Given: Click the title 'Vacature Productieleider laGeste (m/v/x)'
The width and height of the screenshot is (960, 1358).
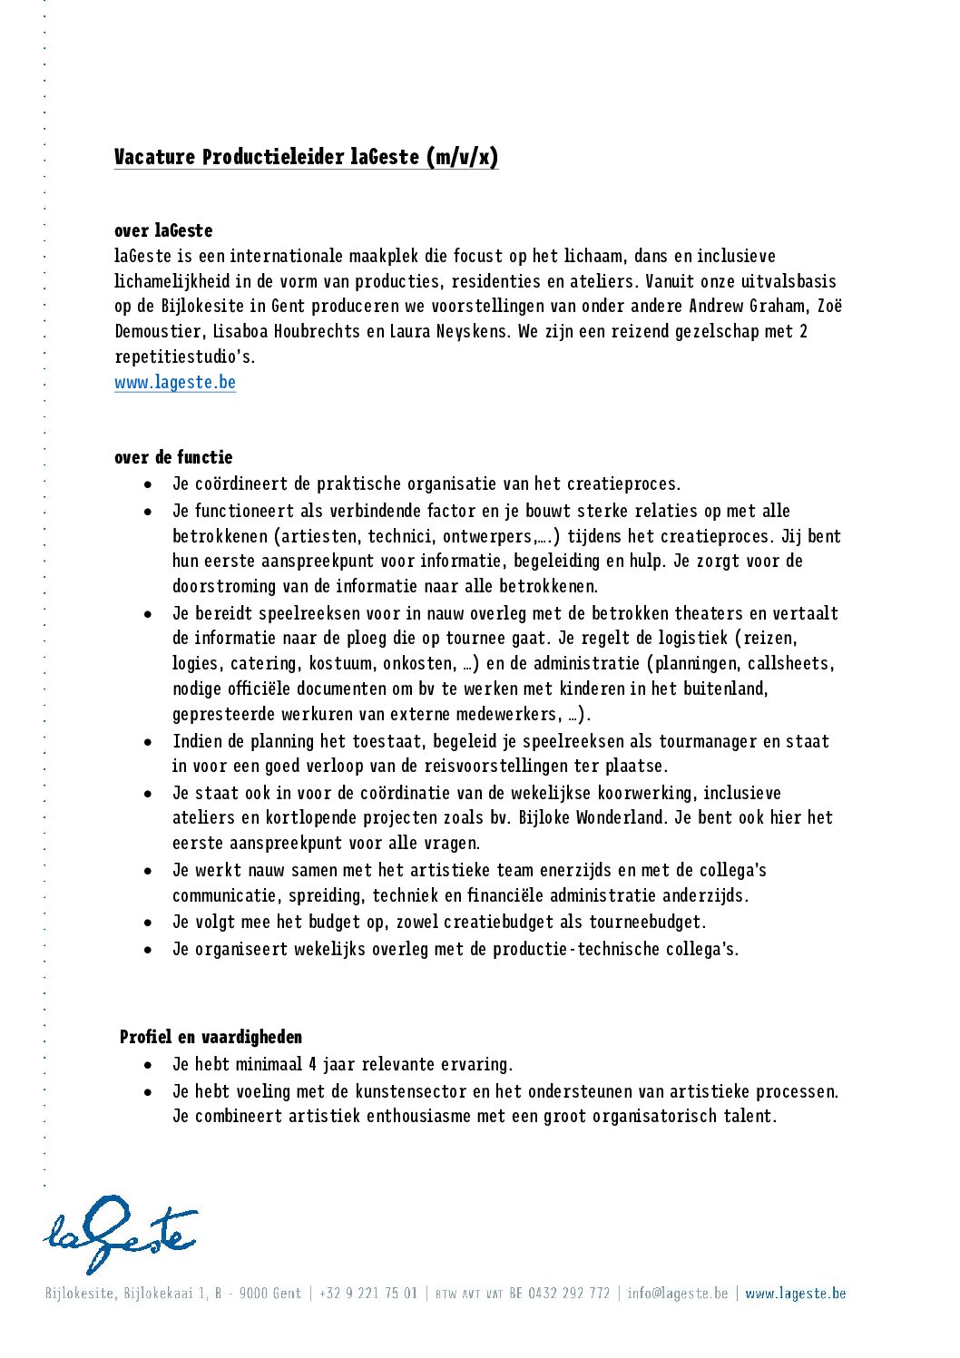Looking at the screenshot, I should pos(306,157).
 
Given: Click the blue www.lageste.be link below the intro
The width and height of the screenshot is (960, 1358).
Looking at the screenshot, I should pos(175,383).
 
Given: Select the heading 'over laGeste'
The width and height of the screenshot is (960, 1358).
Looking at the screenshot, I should pos(163,230).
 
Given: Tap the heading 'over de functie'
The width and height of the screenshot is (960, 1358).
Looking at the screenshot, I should pos(173,457).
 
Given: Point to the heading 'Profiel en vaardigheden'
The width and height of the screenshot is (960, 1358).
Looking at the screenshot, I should pos(211,1037).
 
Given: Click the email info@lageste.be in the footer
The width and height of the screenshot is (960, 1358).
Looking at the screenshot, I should pos(677,1293).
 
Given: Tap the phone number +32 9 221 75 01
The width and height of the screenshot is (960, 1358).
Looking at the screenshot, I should pos(368,1293).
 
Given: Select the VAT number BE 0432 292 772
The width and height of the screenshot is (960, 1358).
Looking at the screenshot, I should pos(559,1293).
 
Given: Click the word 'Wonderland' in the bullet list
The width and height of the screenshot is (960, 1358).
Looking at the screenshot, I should pos(622,817).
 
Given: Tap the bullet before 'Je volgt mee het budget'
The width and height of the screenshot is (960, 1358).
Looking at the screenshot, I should pos(148,923).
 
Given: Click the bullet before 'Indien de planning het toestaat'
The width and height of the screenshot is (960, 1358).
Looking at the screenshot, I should pos(148,742).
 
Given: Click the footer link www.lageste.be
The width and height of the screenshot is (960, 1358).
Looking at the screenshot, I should pos(795,1293).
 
